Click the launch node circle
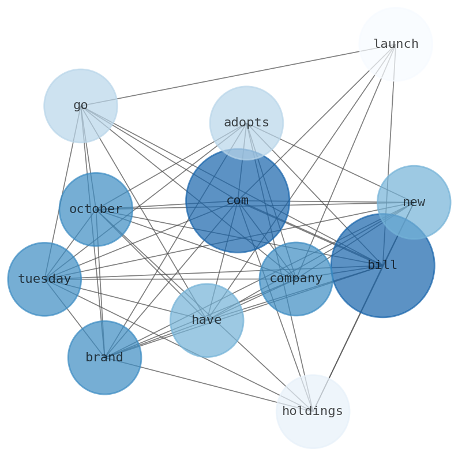click(x=395, y=44)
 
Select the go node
click(x=81, y=106)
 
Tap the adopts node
click(x=246, y=123)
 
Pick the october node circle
click(x=96, y=209)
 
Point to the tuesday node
click(x=44, y=279)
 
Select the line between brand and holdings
click(x=208, y=384)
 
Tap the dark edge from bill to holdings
click(x=347, y=338)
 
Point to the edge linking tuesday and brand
click(x=74, y=319)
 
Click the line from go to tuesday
click(x=62, y=192)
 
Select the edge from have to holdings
click(x=260, y=366)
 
